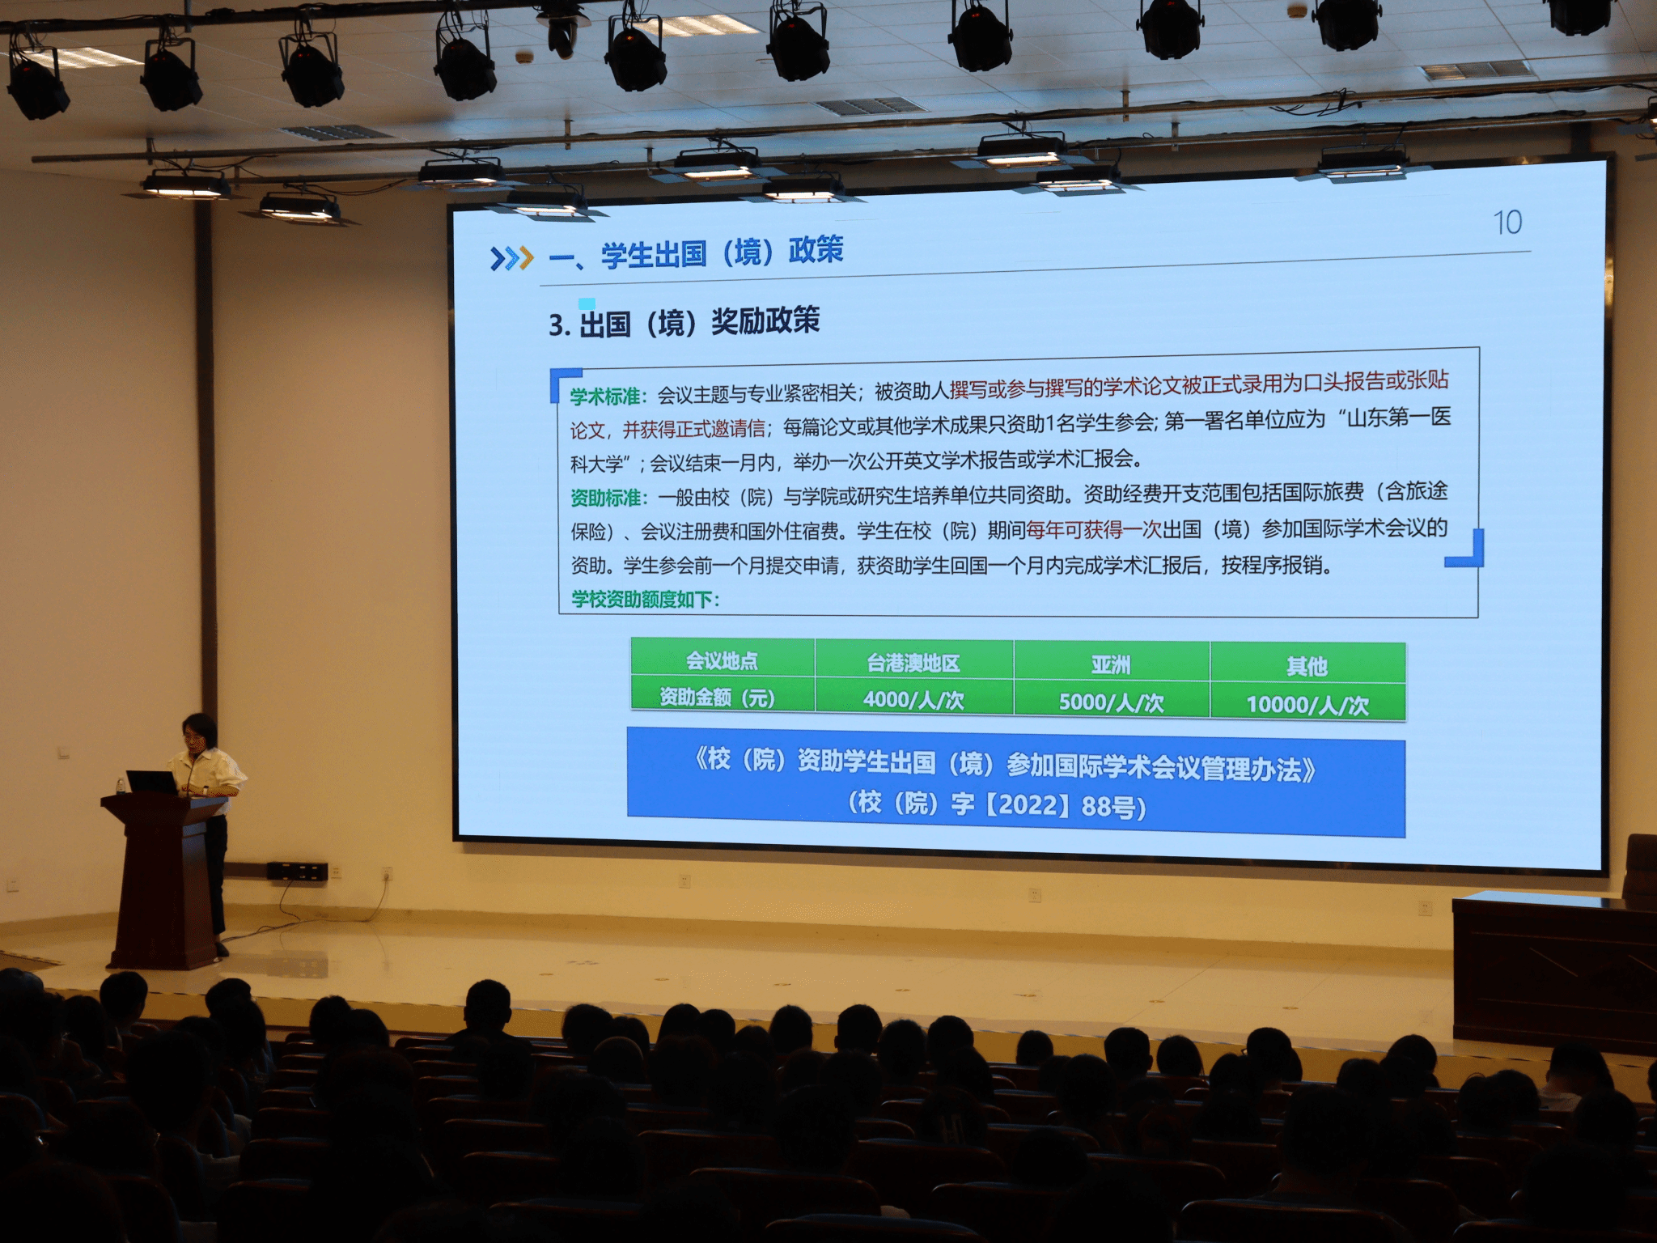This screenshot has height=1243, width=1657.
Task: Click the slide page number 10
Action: point(1507,223)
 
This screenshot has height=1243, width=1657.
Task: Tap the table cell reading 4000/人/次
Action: point(914,699)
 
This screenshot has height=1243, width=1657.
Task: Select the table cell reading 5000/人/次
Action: point(1112,702)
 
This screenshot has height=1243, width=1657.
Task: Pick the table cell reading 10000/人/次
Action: point(1307,704)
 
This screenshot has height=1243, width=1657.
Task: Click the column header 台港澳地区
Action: point(914,663)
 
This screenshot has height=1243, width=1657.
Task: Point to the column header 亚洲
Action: point(1112,665)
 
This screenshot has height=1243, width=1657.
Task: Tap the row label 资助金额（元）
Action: point(718,697)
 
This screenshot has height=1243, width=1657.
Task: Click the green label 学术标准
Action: point(607,397)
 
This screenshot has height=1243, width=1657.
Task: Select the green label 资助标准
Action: point(607,497)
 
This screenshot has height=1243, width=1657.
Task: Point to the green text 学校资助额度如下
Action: point(644,599)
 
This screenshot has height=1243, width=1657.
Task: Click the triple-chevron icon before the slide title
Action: point(512,258)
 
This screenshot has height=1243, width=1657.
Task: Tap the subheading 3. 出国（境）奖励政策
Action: point(684,322)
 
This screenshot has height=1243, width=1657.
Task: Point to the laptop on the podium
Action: point(152,782)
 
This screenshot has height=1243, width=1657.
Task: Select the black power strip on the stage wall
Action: point(297,872)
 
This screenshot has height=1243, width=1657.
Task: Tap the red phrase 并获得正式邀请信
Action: point(693,429)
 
